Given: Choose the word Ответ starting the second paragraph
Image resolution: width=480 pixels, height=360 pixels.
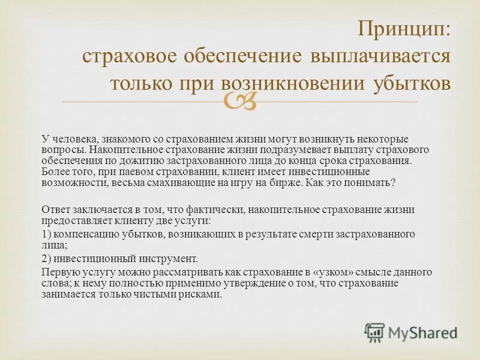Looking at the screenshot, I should pos(56,209).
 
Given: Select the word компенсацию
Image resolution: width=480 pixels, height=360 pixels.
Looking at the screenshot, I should pos(85,234).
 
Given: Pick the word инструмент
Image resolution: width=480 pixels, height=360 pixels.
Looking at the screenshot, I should pos(169,259).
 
